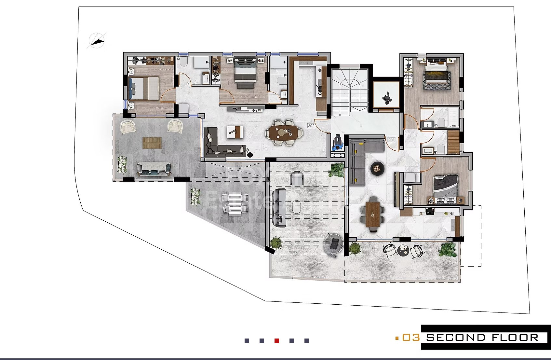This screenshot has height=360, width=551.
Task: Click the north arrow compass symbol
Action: pyautogui.click(x=97, y=41)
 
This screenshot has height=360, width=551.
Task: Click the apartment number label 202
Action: pyautogui.click(x=311, y=126)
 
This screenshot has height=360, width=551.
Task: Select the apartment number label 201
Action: pyautogui.click(x=391, y=140)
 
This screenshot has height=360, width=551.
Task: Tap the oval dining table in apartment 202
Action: pyautogui.click(x=283, y=132)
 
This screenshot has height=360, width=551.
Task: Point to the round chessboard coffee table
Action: pyautogui.click(x=377, y=168)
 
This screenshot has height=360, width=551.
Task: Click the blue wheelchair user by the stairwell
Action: pyautogui.click(x=338, y=143)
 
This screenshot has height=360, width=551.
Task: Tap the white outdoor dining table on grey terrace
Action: pyautogui.click(x=235, y=204)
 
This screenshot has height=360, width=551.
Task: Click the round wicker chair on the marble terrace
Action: pyautogui.click(x=333, y=245)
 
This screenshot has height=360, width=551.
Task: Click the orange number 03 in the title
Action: pyautogui.click(x=411, y=338)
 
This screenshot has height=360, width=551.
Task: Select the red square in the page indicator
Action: pyautogui.click(x=277, y=341)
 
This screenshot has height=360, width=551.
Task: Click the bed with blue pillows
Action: pyautogui.click(x=143, y=88)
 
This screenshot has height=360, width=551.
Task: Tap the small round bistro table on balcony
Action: pyautogui.click(x=403, y=250)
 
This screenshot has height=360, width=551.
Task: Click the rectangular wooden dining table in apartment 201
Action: pyautogui.click(x=372, y=215)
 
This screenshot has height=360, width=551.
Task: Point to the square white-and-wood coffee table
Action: pyautogui.click(x=235, y=132)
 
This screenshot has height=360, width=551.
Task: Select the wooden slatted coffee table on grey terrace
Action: pyautogui.click(x=152, y=143)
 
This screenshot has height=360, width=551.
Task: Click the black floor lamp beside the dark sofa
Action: pyautogui.click(x=250, y=155)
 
